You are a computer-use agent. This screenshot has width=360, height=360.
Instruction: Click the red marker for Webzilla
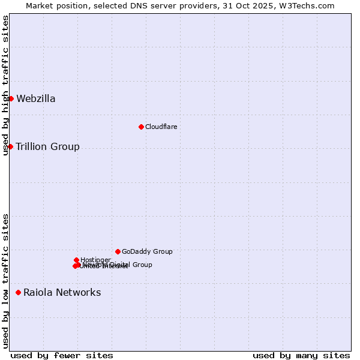11,98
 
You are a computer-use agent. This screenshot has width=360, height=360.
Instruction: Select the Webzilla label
36,99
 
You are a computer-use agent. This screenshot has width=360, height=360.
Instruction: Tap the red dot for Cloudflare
141,127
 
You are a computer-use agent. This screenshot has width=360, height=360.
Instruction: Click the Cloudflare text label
161,127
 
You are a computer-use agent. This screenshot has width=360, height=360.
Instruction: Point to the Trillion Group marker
10,146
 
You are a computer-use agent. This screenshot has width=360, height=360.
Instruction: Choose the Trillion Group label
47,147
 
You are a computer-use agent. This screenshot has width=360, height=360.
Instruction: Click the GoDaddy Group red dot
118,251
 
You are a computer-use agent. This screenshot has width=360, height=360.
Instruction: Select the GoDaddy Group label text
147,251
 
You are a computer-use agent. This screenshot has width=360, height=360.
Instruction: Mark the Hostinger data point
76,260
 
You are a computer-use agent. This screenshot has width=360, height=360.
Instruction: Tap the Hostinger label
95,260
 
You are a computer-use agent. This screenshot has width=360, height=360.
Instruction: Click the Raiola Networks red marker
18,292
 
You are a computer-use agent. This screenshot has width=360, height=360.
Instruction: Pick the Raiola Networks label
62,293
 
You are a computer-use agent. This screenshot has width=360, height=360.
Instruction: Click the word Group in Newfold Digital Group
142,265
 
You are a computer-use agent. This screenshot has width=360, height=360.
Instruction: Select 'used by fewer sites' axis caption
62,355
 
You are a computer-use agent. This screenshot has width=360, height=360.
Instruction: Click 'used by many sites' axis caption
301,355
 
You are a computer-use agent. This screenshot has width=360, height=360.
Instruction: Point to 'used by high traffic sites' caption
6,85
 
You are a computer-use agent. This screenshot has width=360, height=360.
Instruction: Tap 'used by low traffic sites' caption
6,281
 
